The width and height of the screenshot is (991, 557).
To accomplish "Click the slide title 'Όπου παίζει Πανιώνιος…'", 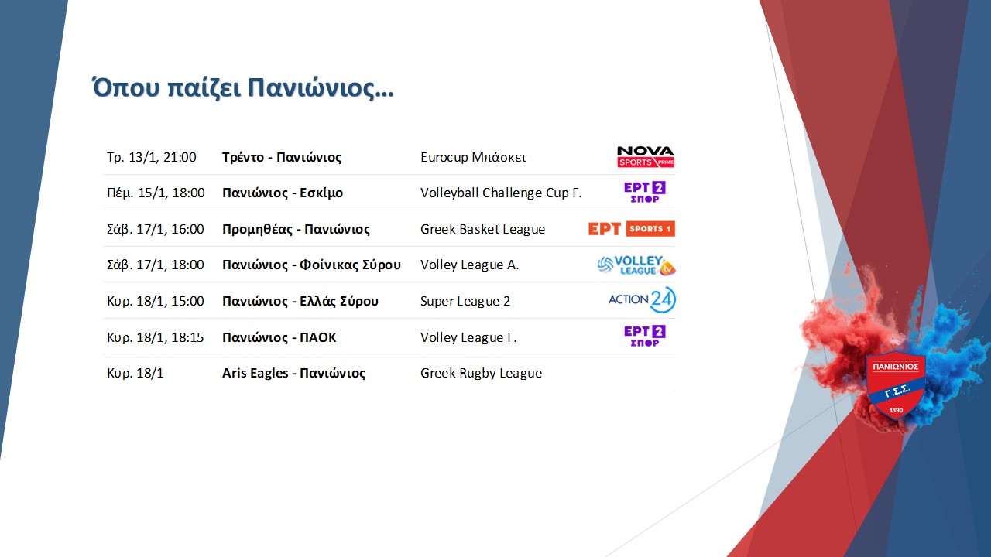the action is pyautogui.click(x=242, y=88).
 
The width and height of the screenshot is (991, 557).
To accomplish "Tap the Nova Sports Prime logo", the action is pyautogui.click(x=646, y=157).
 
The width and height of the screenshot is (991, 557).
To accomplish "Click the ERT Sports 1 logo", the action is pyautogui.click(x=631, y=228).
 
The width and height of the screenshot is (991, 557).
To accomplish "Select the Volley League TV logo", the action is pyautogui.click(x=636, y=265).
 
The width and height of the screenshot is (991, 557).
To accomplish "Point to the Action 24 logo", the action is pyautogui.click(x=642, y=299).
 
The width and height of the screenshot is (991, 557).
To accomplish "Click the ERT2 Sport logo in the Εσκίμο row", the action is pyautogui.click(x=645, y=193).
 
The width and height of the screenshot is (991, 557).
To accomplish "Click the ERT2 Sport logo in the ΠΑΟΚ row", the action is pyautogui.click(x=645, y=336).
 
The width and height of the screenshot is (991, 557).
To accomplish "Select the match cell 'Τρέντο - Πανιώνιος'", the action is pyautogui.click(x=282, y=157).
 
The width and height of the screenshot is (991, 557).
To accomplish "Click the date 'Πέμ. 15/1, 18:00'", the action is pyautogui.click(x=156, y=193).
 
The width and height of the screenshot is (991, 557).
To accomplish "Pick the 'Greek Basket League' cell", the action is pyautogui.click(x=482, y=229).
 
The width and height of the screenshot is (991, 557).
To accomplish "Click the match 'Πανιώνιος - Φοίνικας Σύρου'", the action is pyautogui.click(x=311, y=265).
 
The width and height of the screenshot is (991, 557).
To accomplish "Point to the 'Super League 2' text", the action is pyautogui.click(x=465, y=301).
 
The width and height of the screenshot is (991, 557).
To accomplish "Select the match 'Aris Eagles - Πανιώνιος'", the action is pyautogui.click(x=293, y=373).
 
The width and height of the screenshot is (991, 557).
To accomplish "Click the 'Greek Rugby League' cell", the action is pyautogui.click(x=482, y=373).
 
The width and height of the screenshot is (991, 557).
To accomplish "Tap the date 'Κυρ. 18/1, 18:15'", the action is pyautogui.click(x=156, y=337).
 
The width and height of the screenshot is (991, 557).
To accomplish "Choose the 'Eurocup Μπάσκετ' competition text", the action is pyautogui.click(x=473, y=157).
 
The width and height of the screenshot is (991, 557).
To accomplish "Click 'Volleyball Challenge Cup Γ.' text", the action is pyautogui.click(x=501, y=193).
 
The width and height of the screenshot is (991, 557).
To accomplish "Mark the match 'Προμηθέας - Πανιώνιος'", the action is pyautogui.click(x=296, y=229).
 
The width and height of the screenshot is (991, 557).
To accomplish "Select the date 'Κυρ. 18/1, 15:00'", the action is pyautogui.click(x=156, y=301).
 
